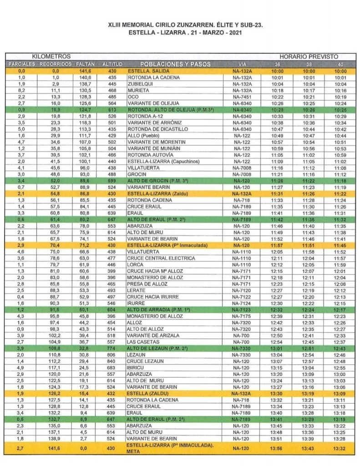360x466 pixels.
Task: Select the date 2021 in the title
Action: pos(233,33)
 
